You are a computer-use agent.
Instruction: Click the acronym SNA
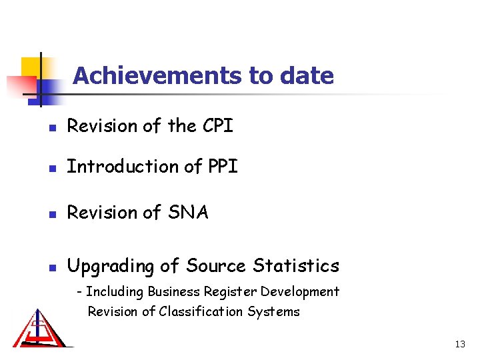pyautogui.click(x=189, y=213)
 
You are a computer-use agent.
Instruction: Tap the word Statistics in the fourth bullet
pyautogui.click(x=296, y=266)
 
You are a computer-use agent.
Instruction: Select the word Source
pyautogui.click(x=216, y=266)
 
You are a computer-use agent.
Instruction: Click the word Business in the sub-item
pyautogui.click(x=173, y=291)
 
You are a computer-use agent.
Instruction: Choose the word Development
pyautogui.click(x=300, y=292)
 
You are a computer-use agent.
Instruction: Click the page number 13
pyautogui.click(x=459, y=344)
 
